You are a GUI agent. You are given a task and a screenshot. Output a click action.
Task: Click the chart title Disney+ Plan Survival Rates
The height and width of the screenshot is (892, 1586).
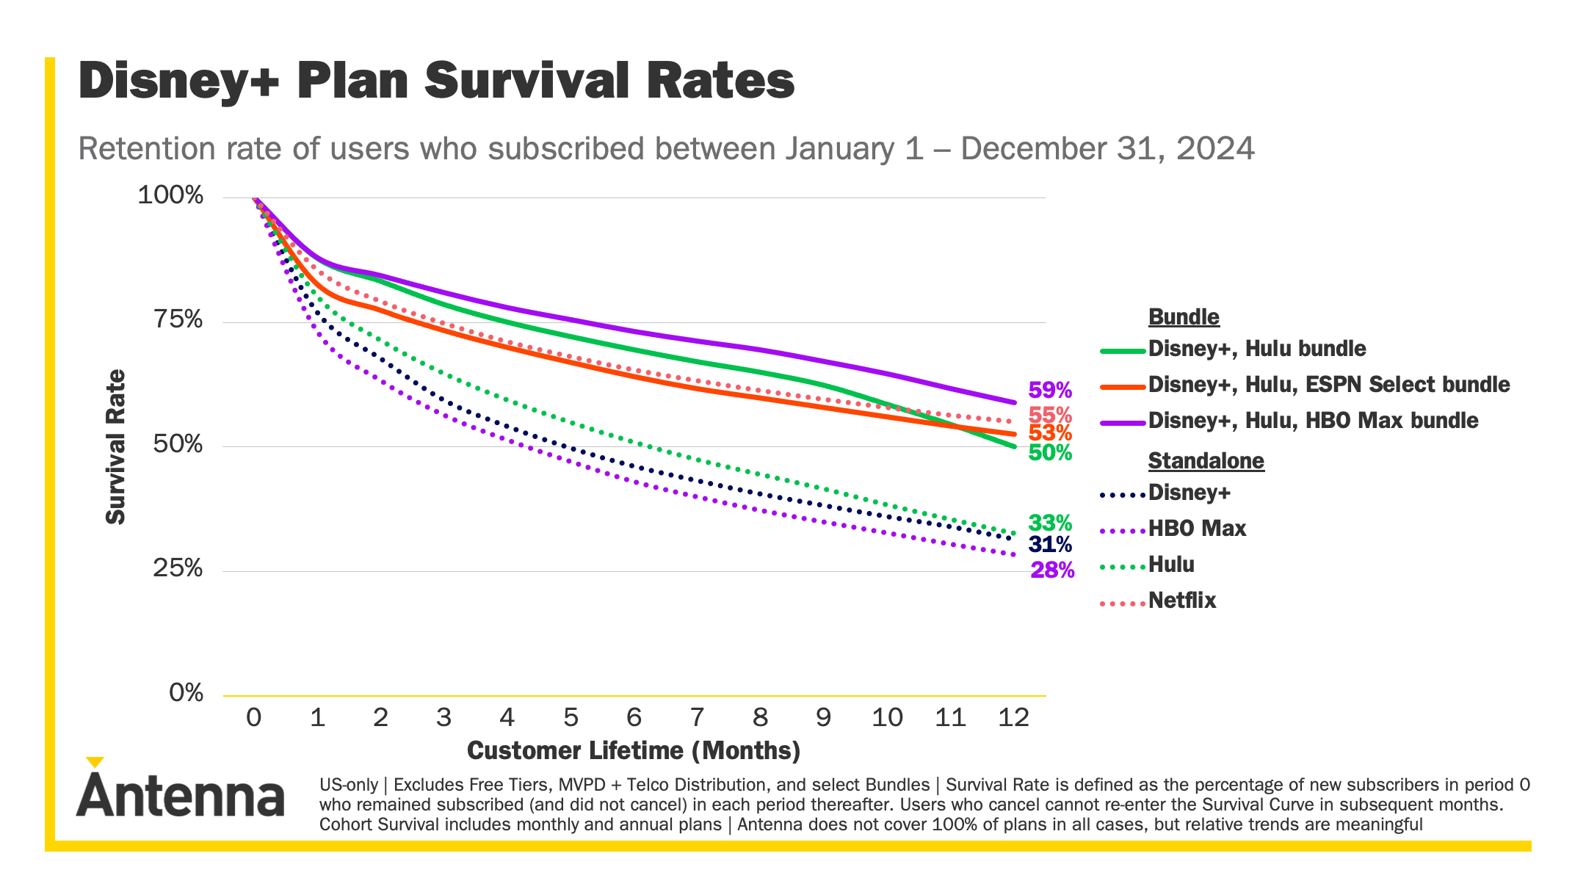pyautogui.click(x=436, y=81)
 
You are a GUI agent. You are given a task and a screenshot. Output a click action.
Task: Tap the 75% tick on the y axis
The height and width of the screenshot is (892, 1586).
pyautogui.click(x=178, y=320)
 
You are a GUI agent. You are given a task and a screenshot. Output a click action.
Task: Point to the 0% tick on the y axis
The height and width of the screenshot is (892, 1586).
pyautogui.click(x=186, y=692)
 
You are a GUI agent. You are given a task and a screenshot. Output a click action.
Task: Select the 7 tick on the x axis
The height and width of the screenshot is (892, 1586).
pyautogui.click(x=698, y=717)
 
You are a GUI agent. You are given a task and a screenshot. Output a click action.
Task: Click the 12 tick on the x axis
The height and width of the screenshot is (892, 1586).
pyautogui.click(x=1013, y=717)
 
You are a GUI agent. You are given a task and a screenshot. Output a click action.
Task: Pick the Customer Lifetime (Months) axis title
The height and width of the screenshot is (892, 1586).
pyautogui.click(x=634, y=750)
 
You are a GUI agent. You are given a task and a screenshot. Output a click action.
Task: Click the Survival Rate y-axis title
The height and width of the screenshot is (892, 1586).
pyautogui.click(x=116, y=446)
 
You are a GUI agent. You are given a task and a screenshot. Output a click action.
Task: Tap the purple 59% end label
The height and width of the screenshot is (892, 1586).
pyautogui.click(x=1050, y=390)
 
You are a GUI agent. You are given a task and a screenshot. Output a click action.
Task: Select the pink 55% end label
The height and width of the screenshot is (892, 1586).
pyautogui.click(x=1050, y=415)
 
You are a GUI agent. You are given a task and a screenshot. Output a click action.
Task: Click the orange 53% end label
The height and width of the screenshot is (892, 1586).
pyautogui.click(x=1050, y=433)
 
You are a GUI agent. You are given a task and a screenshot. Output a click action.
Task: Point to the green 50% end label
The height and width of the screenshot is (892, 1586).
pyautogui.click(x=1050, y=453)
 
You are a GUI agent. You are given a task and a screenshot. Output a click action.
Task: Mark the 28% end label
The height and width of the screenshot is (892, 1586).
pyautogui.click(x=1052, y=570)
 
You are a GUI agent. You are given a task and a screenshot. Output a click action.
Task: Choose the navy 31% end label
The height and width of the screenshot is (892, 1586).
pyautogui.click(x=1050, y=545)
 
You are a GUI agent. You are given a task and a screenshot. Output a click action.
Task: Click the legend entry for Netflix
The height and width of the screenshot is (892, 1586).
pyautogui.click(x=1181, y=601)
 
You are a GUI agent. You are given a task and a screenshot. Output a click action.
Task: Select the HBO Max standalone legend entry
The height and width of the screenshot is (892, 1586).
pyautogui.click(x=1197, y=529)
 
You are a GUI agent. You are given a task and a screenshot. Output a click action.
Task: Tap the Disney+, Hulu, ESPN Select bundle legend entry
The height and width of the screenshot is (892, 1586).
pyautogui.click(x=1328, y=385)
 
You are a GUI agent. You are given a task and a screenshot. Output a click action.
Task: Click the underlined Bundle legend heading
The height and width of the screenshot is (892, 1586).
pyautogui.click(x=1184, y=317)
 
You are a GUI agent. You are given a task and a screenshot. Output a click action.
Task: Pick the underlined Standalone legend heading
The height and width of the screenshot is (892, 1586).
pyautogui.click(x=1206, y=461)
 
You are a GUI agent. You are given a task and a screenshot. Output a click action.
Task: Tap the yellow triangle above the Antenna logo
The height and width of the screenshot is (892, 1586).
pyautogui.click(x=95, y=762)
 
